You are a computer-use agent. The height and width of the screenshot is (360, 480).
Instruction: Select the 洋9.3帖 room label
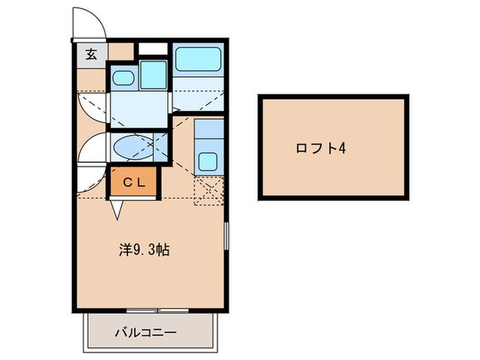[144, 250]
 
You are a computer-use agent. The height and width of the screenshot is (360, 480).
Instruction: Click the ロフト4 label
[320, 148]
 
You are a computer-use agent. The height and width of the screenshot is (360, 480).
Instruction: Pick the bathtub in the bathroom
[198, 60]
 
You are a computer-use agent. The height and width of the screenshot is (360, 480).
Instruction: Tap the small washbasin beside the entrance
[123, 78]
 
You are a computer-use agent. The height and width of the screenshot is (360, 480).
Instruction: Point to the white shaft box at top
[153, 49]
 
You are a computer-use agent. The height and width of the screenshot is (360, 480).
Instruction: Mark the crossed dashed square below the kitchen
[208, 191]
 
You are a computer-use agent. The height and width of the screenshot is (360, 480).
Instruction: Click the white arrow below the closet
[115, 209]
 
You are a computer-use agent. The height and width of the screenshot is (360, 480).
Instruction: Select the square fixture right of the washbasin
[154, 75]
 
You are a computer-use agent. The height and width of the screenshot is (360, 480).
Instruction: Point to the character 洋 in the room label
[124, 250]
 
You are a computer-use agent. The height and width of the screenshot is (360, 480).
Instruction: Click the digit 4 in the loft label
[340, 148]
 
